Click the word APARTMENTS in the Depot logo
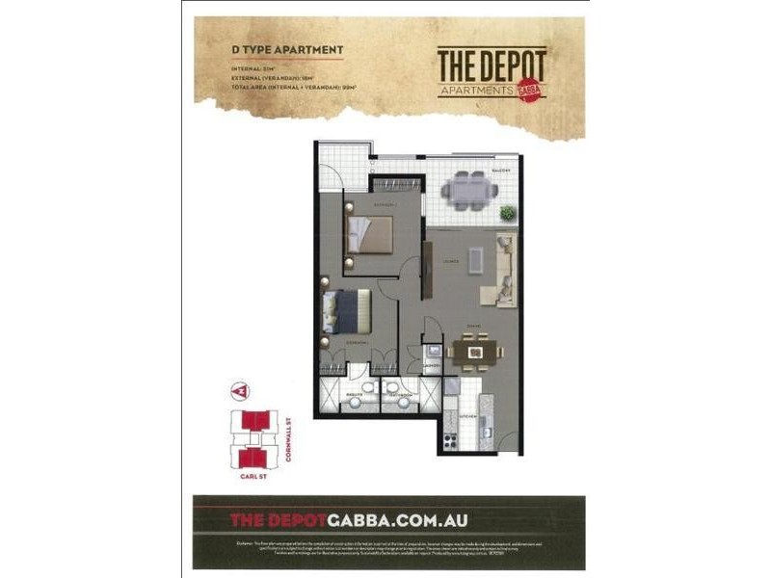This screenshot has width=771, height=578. pyautogui.click(x=474, y=90)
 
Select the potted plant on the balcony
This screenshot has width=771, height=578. pyautogui.click(x=508, y=212)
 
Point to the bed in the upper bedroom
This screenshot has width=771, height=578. pyautogui.click(x=368, y=234)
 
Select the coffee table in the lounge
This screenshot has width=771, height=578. pyautogui.click(x=475, y=259)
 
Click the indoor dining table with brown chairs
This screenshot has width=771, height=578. pyautogui.click(x=473, y=352)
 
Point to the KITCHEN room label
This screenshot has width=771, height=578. pyautogui.click(x=467, y=416)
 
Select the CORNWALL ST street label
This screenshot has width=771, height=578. pyautogui.click(x=288, y=438)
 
